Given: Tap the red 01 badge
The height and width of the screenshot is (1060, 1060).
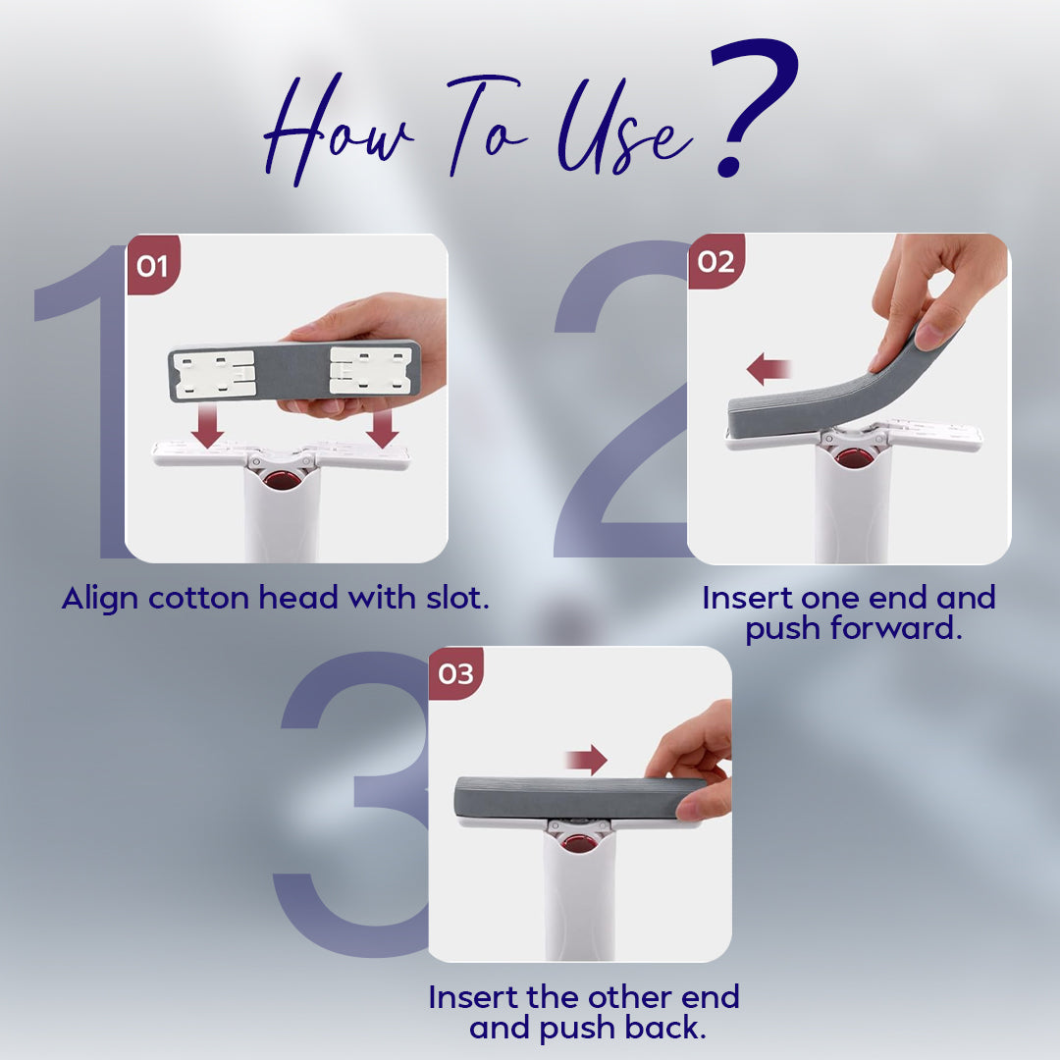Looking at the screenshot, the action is click(153, 264).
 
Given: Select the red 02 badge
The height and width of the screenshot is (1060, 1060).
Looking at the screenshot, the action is click(715, 261).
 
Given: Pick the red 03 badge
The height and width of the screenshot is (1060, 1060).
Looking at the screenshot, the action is click(455, 673).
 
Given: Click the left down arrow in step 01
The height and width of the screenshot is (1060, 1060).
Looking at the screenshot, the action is click(207, 426).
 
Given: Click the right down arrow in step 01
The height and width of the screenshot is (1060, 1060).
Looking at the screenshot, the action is click(383, 428).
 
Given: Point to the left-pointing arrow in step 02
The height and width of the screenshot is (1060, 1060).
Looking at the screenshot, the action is click(768, 369).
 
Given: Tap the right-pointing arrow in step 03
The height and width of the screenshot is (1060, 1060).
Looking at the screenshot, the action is click(587, 760).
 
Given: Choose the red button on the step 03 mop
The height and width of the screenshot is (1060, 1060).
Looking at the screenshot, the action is click(578, 843).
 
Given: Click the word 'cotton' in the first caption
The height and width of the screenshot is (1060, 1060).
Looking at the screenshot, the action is click(198, 599).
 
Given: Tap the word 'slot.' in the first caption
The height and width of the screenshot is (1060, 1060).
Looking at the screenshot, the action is click(457, 598).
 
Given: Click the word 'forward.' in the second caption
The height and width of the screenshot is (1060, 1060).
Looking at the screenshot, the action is click(896, 628).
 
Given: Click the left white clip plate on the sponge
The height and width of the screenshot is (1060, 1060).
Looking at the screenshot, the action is click(214, 374).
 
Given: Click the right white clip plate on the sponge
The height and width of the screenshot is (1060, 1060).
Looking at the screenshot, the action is click(370, 370).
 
